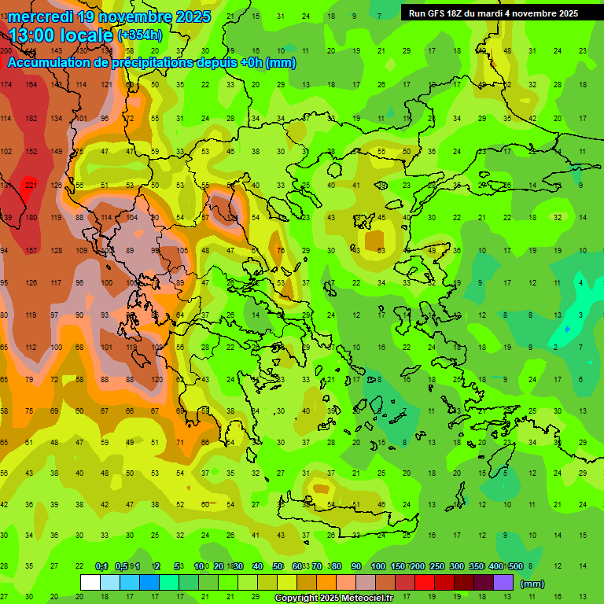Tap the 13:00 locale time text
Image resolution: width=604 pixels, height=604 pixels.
point(61,35)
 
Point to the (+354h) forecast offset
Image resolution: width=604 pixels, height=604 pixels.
point(140,35)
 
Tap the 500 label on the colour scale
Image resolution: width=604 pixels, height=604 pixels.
point(515,566)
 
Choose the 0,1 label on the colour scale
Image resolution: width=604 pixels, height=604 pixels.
point(101,566)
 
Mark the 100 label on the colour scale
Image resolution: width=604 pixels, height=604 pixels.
point(377,566)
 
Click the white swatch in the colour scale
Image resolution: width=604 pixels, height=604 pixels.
point(90,583)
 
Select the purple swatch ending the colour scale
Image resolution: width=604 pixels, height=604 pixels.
point(503,583)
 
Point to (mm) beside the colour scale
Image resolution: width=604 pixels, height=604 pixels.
point(532,584)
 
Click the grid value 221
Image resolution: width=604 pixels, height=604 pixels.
point(31,186)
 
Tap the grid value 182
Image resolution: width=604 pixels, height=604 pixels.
point(31,119)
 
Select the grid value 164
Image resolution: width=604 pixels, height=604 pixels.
point(31,85)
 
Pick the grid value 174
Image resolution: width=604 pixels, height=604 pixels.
point(6,85)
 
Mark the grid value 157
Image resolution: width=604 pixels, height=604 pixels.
point(31,251)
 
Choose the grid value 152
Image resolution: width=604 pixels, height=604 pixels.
point(31,152)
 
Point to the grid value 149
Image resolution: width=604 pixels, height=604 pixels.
point(57,152)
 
